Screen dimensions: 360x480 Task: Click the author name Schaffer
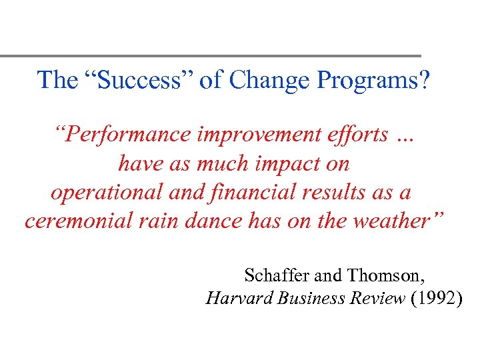point(273,275)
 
